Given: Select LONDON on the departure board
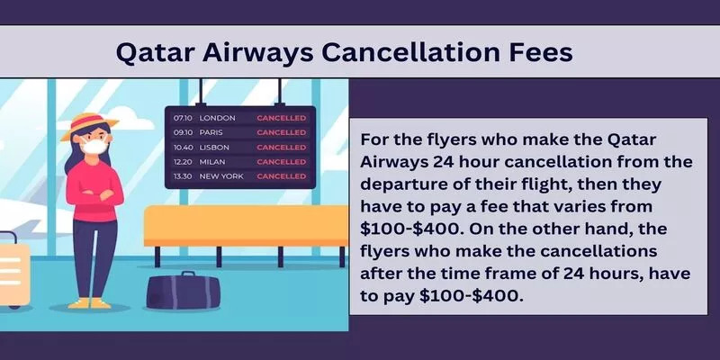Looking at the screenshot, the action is coord(217,118).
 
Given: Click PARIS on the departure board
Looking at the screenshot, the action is coord(211,132).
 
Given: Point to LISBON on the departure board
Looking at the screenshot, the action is coord(214,148).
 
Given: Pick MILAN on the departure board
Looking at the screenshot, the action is coord(211,162).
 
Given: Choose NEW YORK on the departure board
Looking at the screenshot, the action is coord(221,176).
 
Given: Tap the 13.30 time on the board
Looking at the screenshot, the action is coord(183,176).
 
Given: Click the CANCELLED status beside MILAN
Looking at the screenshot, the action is coord(281,162).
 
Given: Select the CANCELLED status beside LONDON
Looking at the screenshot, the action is coord(281,118).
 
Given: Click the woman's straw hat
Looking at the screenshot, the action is coord(89,126).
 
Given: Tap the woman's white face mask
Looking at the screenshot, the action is coord(94,146).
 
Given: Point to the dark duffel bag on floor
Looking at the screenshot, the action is coord(184,292).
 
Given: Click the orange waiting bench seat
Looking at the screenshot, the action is coord(246,226).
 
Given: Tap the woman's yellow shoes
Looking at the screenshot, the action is coord(89,303).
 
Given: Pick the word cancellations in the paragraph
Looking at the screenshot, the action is coord(591,251).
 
